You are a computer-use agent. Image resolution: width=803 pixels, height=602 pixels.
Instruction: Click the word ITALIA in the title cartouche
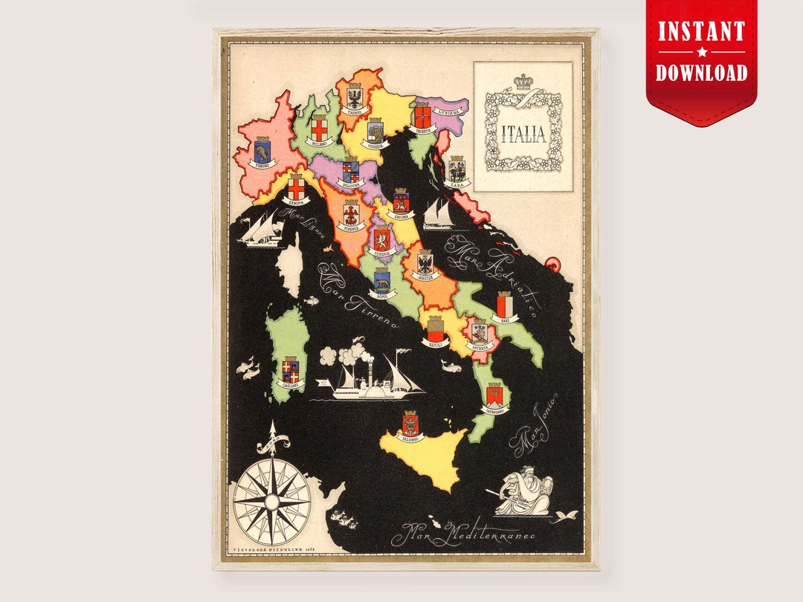523,135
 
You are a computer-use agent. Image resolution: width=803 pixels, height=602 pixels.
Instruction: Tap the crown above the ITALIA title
523,81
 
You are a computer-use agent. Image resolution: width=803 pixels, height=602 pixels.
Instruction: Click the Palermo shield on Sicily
410,424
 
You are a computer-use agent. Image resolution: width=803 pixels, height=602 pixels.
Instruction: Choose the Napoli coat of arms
434,328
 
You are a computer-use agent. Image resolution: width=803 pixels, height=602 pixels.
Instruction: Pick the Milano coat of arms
320,128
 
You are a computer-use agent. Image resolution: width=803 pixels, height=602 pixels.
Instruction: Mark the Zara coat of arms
457,169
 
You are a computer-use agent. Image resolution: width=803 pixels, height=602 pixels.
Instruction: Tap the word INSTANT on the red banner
701,32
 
